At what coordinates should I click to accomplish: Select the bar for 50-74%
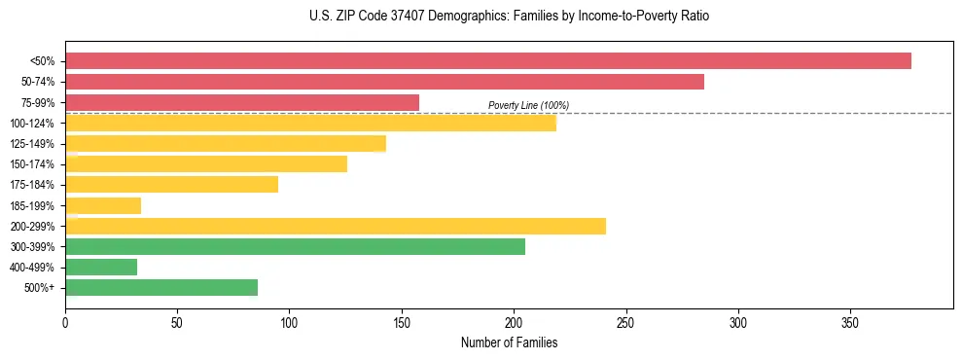(x=384, y=82)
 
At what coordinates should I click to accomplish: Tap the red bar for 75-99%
(x=242, y=102)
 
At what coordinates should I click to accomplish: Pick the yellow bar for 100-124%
(x=310, y=123)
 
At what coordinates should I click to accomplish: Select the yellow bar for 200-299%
(x=336, y=226)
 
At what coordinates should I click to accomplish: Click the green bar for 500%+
(x=161, y=287)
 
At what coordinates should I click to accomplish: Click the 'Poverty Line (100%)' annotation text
(x=528, y=105)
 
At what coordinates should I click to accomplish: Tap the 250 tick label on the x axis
(x=625, y=322)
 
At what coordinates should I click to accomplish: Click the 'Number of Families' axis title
(x=509, y=342)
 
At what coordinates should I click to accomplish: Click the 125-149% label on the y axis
(x=32, y=144)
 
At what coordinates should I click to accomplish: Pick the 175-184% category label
(x=32, y=185)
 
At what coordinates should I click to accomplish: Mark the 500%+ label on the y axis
(x=39, y=288)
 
